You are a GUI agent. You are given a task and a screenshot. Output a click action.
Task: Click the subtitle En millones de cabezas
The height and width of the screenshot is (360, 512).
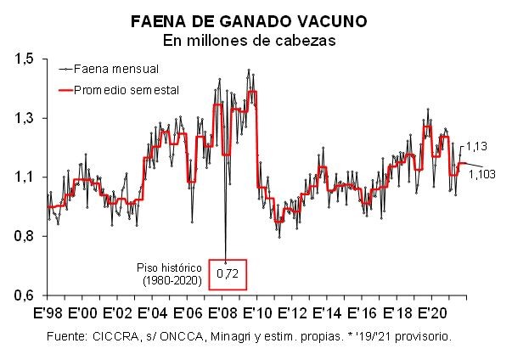[x=255, y=40]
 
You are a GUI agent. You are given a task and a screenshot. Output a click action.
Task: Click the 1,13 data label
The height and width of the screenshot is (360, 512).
[x=476, y=145]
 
